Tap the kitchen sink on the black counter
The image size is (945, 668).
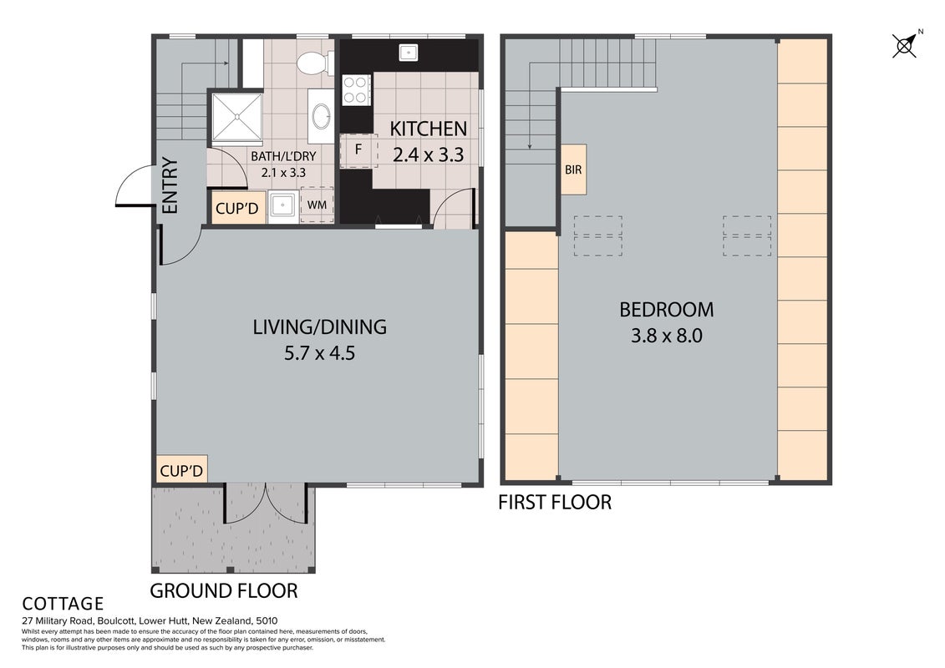[409, 53]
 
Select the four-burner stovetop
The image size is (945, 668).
[356, 89]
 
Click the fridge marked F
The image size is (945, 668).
[358, 150]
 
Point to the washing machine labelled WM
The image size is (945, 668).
[317, 205]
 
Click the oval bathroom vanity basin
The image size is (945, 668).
[321, 115]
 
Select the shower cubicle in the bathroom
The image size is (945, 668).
[236, 118]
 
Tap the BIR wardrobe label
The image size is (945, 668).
[573, 170]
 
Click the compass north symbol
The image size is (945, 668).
[905, 44]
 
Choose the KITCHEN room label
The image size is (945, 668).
[428, 129]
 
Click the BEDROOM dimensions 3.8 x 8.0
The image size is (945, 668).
[667, 336]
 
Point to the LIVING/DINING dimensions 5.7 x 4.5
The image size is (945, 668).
[319, 353]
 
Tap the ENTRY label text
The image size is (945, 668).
[170, 185]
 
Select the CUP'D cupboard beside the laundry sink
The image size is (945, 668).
[236, 209]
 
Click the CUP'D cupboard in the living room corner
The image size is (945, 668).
[181, 470]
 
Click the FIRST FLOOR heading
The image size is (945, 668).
[555, 503]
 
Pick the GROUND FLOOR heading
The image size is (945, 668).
[224, 591]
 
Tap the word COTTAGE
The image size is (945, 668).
[63, 604]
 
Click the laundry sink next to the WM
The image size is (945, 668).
[282, 206]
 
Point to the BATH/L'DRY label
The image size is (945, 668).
[283, 157]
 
